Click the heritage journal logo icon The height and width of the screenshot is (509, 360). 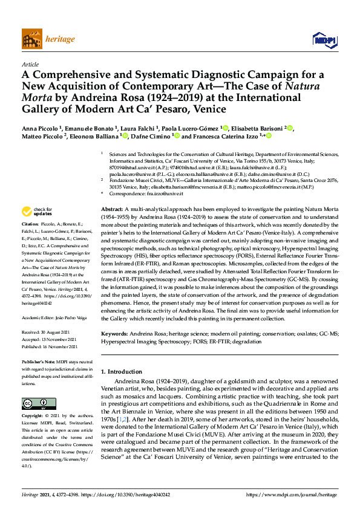click(31, 39)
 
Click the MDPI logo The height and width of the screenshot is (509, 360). click(324, 39)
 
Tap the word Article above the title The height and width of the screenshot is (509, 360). click(30, 64)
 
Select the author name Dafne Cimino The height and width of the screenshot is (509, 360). click(151, 137)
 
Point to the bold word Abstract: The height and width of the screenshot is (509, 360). click(112, 191)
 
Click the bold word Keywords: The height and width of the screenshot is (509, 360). click(115, 334)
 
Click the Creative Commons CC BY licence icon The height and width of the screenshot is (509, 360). click(34, 403)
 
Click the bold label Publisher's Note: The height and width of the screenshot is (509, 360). click(40, 361)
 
